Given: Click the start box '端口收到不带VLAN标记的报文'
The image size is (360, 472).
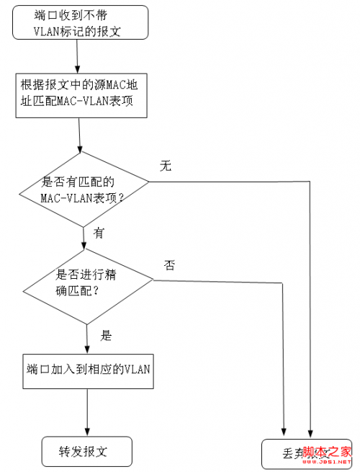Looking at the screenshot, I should click(x=80, y=22).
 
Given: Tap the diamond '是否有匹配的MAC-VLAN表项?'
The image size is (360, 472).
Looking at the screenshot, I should click(x=84, y=189).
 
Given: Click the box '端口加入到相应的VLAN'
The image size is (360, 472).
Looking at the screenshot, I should click(x=88, y=370).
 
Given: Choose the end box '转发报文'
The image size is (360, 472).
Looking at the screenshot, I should click(x=87, y=452).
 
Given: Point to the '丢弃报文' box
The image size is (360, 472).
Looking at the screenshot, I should click(x=306, y=453).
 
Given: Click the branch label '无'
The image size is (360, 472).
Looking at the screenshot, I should click(x=166, y=166).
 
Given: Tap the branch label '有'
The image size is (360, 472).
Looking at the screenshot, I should click(x=99, y=232).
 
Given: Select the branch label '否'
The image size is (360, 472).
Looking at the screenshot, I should click(x=169, y=264).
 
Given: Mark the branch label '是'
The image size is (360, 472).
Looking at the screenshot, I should click(x=106, y=335).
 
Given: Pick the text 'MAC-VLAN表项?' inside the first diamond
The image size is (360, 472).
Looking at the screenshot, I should click(x=82, y=197).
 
